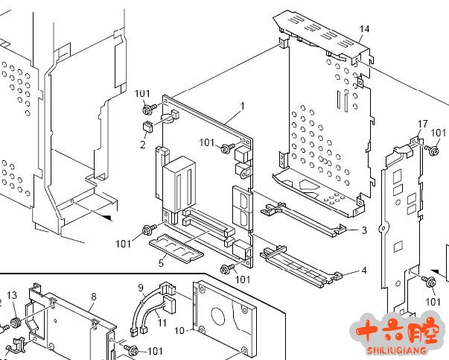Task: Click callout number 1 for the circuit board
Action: coord(243,106)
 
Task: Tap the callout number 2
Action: coord(142,145)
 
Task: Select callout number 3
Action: coord(363,231)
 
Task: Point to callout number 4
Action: coord(363,271)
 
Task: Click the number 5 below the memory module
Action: coord(161,262)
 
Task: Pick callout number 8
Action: coord(93,297)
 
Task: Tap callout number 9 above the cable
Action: coord(141,288)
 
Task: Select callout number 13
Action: coord(13,296)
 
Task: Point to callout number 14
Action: coord(364,29)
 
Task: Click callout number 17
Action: coord(422,124)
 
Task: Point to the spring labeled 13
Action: coord(13,326)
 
